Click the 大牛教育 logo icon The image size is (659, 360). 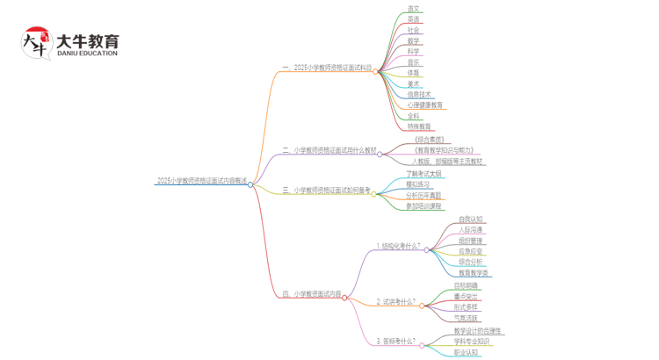tap(38, 44)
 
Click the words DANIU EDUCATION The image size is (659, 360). tap(87, 54)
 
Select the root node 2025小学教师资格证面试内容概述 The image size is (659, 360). tap(201, 181)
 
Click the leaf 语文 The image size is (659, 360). tap(413, 9)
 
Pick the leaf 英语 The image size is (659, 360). tap(413, 19)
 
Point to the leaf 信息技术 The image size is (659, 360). tap(419, 94)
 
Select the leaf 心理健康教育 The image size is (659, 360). tap(425, 105)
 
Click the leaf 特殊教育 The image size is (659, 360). tap(419, 126)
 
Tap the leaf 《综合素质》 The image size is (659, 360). tap(429, 140)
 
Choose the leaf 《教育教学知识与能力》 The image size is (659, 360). tap(446, 150)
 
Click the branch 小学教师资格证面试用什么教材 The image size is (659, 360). tap(333, 151)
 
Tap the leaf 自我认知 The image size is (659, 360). tap(470, 220)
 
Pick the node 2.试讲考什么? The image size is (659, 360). tap(396, 302)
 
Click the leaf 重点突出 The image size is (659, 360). tap(467, 297)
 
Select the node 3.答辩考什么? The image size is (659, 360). tap(396, 342)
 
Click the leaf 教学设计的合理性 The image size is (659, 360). tap(477, 331)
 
